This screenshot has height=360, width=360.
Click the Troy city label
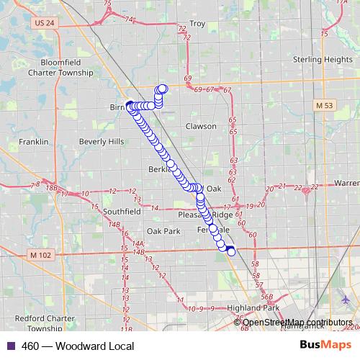coord(197,24)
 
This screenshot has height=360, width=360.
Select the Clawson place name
coord(201,126)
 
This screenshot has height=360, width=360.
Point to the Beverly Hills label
coord(102,142)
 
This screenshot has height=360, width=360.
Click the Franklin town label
coord(33,142)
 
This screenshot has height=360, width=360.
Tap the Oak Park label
coord(163,231)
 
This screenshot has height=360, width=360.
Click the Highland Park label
coord(252,307)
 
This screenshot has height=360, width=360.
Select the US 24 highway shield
coord(45,23)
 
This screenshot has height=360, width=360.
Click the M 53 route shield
coord(325,106)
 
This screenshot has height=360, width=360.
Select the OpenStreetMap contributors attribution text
coord(297,323)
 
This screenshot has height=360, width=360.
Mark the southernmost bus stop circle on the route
coord(231,251)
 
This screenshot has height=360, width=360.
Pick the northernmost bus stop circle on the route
coord(163,89)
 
